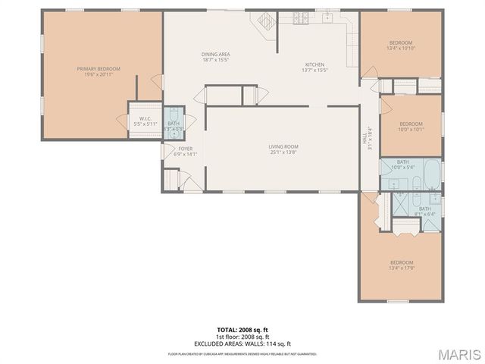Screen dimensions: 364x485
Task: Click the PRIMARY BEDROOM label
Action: pos(99,68)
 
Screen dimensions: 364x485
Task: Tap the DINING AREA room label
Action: pos(215,54)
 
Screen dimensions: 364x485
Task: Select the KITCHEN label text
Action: pos(314,64)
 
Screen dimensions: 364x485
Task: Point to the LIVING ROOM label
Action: pos(283,146)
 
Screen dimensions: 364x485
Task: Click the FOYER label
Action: pos(185,149)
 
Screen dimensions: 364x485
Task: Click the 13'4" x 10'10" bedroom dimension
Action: pos(400,48)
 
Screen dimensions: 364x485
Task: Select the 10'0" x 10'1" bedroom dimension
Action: pos(411,129)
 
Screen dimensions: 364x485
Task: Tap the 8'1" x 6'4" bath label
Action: pos(424,214)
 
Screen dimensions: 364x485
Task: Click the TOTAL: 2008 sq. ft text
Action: pos(242,331)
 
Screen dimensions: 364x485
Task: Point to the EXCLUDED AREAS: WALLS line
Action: pos(242,343)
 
